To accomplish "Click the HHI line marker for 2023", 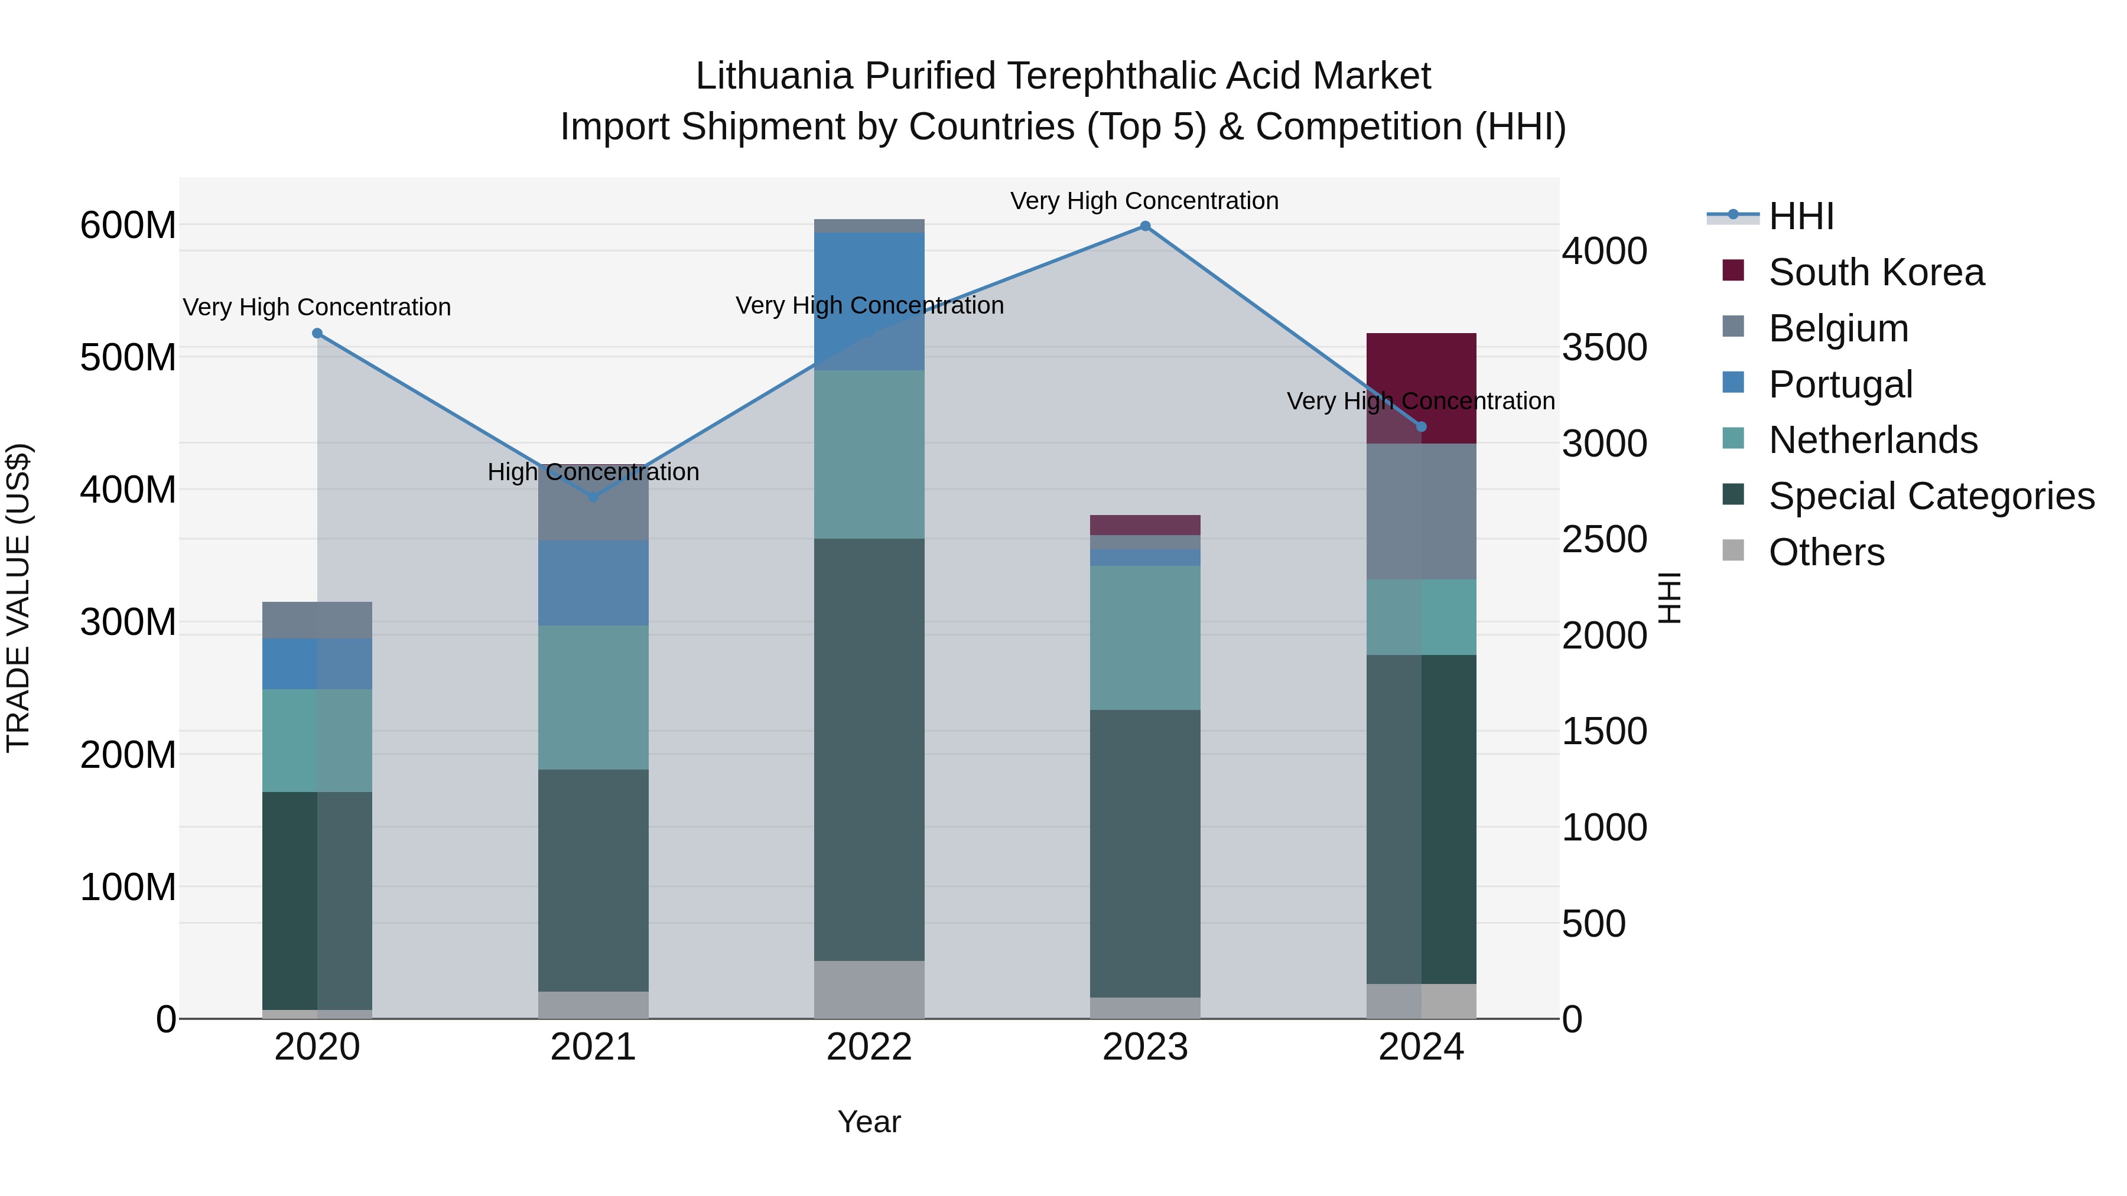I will click(x=1144, y=226).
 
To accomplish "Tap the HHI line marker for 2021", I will click(x=593, y=497).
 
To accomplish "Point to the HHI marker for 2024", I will click(x=1421, y=427).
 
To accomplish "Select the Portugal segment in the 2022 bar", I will click(x=869, y=301).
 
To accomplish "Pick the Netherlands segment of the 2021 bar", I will click(x=593, y=698).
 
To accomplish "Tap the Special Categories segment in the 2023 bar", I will click(x=1144, y=853).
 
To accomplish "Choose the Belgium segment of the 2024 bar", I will click(x=1421, y=511).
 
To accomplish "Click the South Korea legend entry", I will click(x=1875, y=272).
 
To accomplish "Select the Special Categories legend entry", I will click(x=1930, y=497).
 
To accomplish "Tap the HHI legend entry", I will click(x=1800, y=216).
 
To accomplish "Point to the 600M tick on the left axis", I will click(x=128, y=226).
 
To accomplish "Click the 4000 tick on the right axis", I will click(x=1604, y=251).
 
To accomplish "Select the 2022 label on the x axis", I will click(x=869, y=1047).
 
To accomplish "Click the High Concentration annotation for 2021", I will click(x=593, y=472).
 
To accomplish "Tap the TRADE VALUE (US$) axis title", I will click(x=18, y=598).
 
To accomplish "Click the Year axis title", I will click(x=869, y=1122).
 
